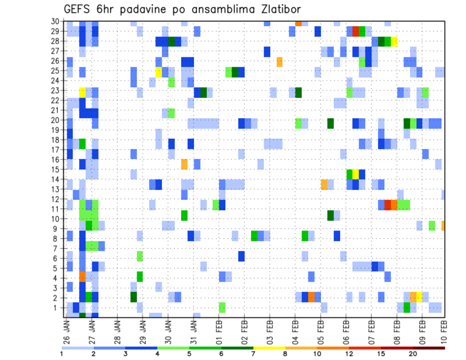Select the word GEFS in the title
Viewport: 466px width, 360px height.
coord(78,10)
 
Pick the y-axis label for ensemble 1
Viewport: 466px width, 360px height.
coord(56,308)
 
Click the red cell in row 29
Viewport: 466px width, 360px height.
coord(356,32)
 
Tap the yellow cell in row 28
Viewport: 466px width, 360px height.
coord(394,41)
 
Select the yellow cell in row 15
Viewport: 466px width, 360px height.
coord(356,174)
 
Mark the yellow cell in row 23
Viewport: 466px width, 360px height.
coord(82,91)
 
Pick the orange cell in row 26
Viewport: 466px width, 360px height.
coord(280,62)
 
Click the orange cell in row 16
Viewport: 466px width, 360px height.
coord(184,164)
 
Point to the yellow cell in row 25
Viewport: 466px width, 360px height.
coord(158,72)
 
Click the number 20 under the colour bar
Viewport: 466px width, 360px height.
coord(413,353)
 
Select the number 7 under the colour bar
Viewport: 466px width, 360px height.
coord(254,353)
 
